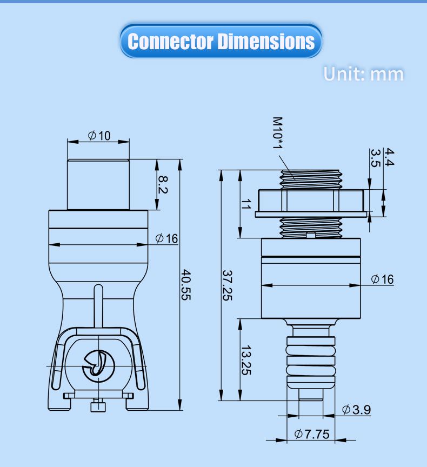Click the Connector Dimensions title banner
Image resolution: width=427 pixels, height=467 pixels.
221,41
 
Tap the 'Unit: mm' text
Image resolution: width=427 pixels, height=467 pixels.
363,74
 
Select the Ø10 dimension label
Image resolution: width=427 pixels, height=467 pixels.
99,136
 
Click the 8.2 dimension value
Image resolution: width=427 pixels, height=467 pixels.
163,185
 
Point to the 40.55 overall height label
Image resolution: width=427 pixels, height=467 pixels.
186,285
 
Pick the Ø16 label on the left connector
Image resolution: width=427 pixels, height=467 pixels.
166,238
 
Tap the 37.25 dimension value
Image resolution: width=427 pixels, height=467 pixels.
228,285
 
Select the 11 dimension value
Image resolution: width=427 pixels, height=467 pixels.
246,204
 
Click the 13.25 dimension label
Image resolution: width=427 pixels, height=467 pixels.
246,360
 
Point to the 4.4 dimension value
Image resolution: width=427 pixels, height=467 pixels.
389,157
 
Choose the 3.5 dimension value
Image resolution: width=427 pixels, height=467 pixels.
376,158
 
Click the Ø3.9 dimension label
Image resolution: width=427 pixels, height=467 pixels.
356,410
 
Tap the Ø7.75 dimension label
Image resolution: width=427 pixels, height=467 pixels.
312,434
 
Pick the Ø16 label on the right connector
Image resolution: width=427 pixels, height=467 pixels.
382,279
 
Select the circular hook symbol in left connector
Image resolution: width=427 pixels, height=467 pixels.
98,366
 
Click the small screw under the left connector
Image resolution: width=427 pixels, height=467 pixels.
98,405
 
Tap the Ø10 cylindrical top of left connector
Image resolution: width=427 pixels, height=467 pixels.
98,184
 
